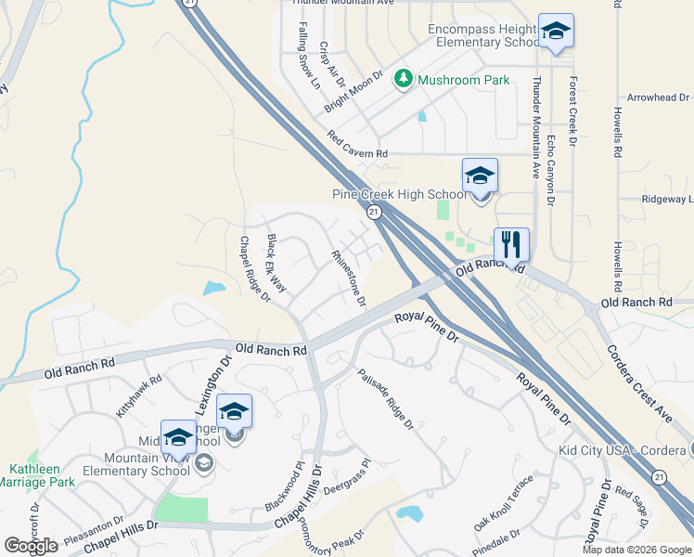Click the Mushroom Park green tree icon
[404, 80]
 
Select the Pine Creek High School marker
[480, 175]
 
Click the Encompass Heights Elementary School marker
[556, 32]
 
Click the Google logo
[31, 546]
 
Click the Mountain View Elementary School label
[148, 464]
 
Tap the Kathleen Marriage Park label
[36, 475]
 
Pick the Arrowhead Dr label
[658, 97]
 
